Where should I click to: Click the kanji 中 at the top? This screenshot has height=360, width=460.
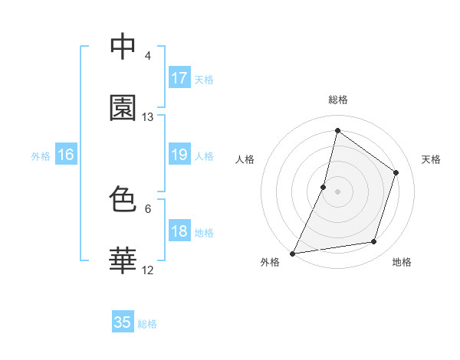pos(123,47)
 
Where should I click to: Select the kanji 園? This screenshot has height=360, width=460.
pos(123,108)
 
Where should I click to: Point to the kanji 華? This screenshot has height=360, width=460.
pos(123,260)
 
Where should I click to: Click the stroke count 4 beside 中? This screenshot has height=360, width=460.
pos(148,56)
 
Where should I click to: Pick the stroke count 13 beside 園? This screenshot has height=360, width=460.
pos(148,117)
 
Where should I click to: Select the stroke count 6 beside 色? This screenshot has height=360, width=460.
pos(148,208)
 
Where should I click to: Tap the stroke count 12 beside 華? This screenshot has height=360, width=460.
pos(148,270)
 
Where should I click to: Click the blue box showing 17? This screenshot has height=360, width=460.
pos(179,78)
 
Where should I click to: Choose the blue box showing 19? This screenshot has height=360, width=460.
pos(179,155)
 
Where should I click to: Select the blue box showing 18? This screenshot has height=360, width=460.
pos(179,231)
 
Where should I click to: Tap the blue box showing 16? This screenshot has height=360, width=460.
pos(66,155)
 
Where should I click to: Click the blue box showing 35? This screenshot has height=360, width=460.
pos(123,322)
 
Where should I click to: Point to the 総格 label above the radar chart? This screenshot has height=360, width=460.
pos(337,100)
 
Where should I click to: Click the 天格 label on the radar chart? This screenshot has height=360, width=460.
pos(432,159)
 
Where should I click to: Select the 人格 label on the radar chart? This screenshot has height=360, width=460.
pos(245,159)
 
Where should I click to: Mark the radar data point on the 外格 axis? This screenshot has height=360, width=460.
pos(293,253)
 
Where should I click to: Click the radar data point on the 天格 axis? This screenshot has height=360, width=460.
pos(396,172)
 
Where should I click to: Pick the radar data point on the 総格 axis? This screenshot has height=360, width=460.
pos(337,130)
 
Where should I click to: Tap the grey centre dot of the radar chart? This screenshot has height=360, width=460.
pos(337,191)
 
